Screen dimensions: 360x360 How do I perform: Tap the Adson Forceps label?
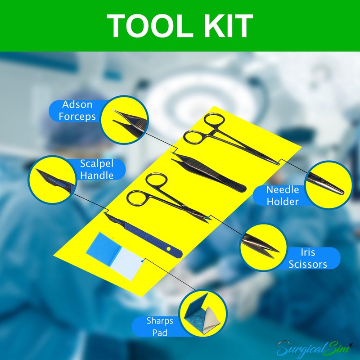77,110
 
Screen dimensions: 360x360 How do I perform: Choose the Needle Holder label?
283,196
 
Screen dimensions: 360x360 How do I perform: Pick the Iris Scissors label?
307,258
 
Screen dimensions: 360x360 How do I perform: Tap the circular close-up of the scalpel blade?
51,179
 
